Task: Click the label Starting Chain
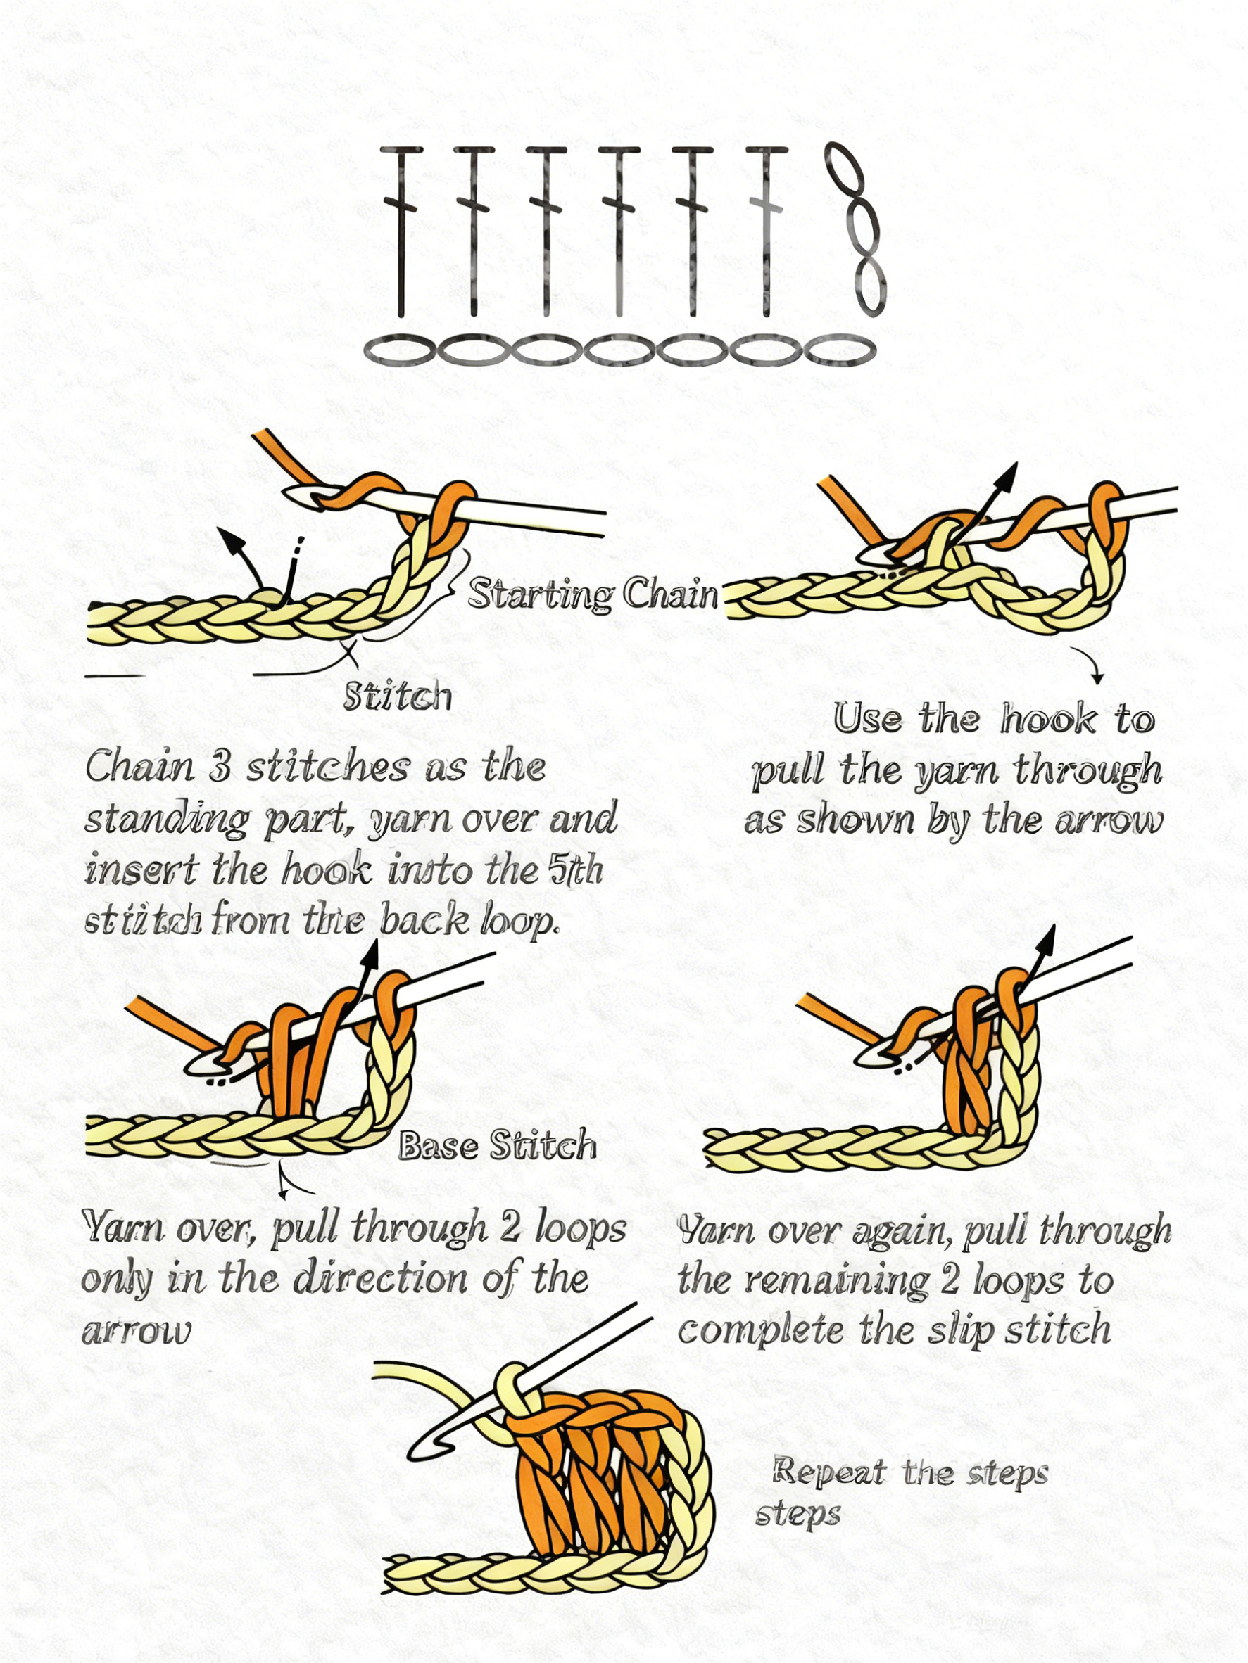[x=593, y=595]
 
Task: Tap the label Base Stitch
[x=497, y=1146]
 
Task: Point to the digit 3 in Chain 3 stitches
[x=218, y=767]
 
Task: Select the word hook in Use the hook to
[x=1048, y=720]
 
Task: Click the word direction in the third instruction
[x=382, y=1279]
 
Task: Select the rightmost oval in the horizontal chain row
[x=840, y=350]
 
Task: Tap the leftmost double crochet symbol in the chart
[x=401, y=230]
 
